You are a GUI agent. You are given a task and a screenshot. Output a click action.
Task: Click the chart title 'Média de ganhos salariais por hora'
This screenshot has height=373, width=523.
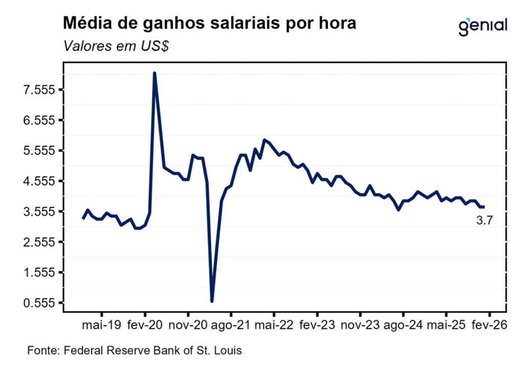tap(209, 23)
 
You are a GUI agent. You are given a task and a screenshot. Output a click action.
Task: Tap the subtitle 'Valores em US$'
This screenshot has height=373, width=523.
tap(116, 46)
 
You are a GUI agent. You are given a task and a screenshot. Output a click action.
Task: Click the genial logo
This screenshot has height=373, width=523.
tap(483, 26)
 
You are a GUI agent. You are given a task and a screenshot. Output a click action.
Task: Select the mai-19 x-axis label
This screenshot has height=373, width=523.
tap(102, 325)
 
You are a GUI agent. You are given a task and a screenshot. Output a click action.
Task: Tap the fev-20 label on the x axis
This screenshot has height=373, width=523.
tap(145, 325)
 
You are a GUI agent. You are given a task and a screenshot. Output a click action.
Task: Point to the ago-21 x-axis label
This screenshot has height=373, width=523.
tap(231, 325)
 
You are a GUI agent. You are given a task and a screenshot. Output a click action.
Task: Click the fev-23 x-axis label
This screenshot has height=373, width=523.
tap(317, 325)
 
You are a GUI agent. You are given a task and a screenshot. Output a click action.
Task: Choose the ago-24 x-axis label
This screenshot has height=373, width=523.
tap(403, 325)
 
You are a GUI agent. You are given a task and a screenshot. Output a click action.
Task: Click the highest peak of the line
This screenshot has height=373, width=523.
tap(154, 73)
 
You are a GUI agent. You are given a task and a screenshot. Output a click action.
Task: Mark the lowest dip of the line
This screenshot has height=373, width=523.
tap(212, 301)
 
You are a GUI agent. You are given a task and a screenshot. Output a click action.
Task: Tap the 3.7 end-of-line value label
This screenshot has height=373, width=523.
tap(484, 221)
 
